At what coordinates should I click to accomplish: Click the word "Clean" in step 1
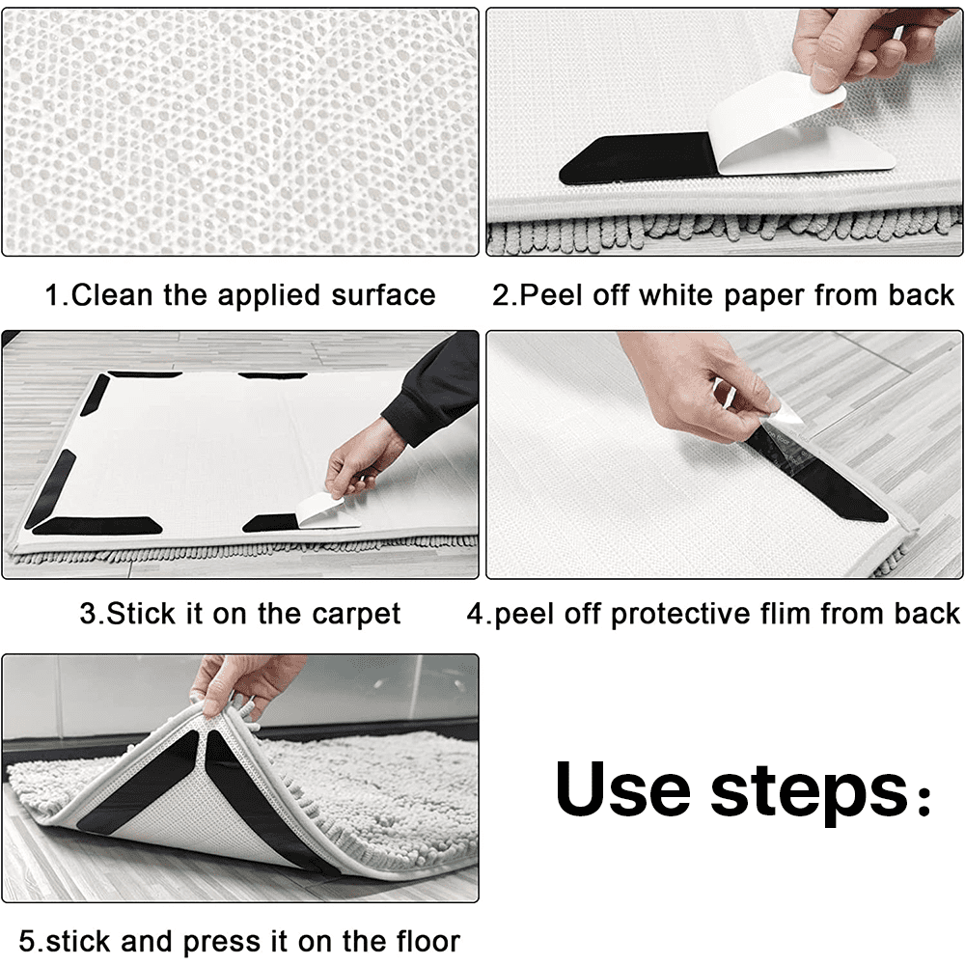pyautogui.click(x=111, y=294)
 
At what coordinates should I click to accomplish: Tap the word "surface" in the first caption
pyautogui.click(x=383, y=294)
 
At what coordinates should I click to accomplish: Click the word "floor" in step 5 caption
pyautogui.click(x=426, y=941)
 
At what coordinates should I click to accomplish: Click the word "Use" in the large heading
pyautogui.click(x=621, y=789)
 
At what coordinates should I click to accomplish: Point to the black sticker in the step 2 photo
pyautogui.click(x=636, y=159)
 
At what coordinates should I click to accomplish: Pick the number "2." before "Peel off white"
pyautogui.click(x=505, y=294)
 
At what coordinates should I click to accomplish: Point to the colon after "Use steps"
pyautogui.click(x=924, y=798)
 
